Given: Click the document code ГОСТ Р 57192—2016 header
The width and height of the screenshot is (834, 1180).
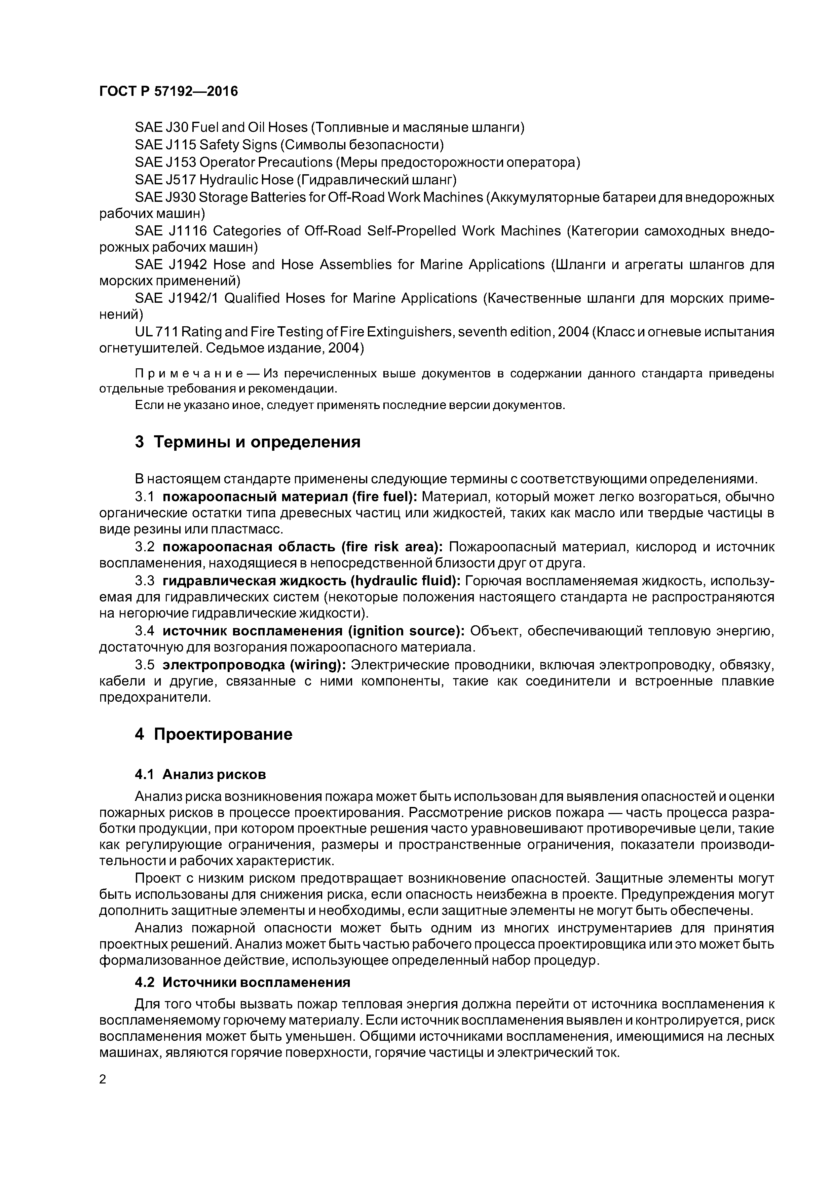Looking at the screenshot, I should pos(168,91).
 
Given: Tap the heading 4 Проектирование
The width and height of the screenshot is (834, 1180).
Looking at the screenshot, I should pos(213,734).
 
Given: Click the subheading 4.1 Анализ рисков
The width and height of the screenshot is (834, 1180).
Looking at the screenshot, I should pos(200,774).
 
